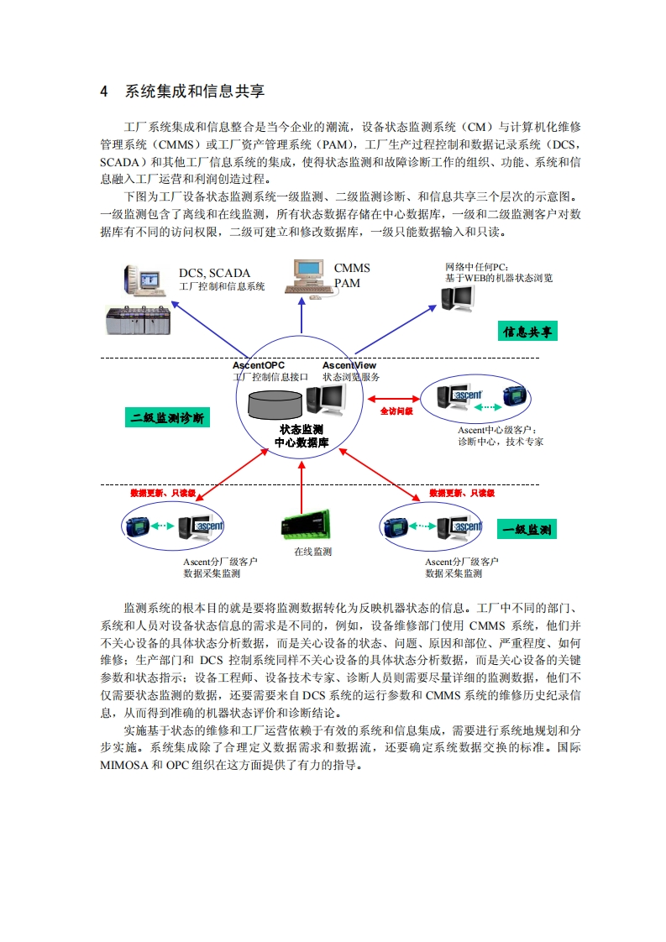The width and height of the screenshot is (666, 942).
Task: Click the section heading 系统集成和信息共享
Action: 194,92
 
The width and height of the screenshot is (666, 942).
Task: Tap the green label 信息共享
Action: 527,332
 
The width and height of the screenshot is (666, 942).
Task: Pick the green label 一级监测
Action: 527,530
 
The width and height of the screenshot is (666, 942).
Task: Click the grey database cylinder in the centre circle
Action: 276,403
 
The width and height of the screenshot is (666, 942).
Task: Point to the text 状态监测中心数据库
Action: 301,436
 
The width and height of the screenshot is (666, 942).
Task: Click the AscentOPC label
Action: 258,365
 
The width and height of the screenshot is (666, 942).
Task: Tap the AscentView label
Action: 349,365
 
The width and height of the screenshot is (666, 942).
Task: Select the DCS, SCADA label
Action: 214,273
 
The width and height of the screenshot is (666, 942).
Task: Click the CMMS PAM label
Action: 351,275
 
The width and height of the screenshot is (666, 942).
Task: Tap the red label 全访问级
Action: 396,411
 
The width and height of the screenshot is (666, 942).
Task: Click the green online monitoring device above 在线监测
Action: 307,524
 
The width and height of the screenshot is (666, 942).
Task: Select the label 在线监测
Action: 312,552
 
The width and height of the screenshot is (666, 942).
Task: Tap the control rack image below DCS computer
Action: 139,320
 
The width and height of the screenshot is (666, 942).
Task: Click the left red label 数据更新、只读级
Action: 163,493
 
